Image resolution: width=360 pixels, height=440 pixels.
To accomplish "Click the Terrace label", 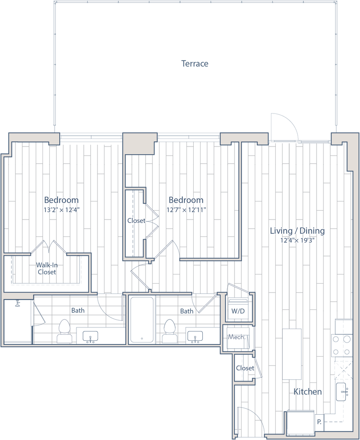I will coord(195,64).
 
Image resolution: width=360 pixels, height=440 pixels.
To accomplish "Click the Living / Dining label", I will coord(297,231).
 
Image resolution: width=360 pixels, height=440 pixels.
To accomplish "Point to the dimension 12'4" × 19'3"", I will coord(297,241).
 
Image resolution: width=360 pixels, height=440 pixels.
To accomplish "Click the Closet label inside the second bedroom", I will coord(136,220).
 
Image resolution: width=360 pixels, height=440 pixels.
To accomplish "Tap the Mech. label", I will coord(237,337).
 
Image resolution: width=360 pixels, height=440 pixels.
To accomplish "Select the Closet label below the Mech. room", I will coord(245,368).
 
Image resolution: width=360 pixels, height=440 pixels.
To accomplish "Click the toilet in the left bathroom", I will coord(64,332).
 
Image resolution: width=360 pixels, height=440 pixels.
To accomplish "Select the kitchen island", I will coord(292,353).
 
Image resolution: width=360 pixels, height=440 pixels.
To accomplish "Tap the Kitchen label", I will coord(308,392).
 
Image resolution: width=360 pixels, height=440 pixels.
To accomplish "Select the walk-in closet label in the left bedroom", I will coord(46,268).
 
